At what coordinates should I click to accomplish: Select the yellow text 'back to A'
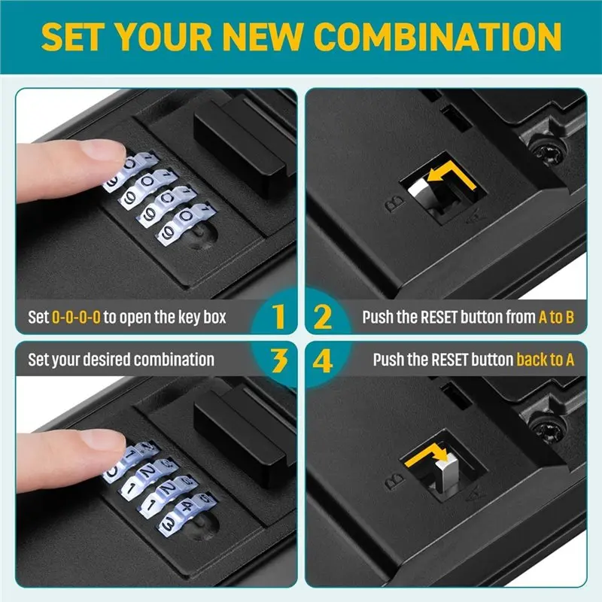coord(546,360)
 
